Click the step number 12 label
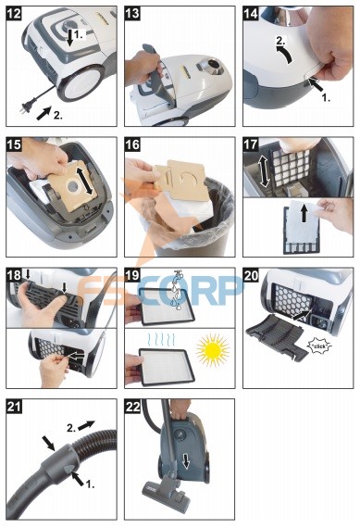pos(14,14)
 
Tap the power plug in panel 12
pos(27,107)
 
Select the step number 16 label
pos(132,145)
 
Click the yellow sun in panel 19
pos(213,350)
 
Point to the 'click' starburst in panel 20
pos(319,346)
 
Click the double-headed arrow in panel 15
pos(84,178)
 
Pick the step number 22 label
pos(132,407)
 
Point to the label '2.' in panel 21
pos(71,428)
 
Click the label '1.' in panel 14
pos(326,98)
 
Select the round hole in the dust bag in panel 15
pos(73,186)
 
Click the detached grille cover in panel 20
pos(277,339)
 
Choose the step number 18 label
pos(14,276)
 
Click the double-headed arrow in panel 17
pos(265,170)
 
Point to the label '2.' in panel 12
pos(58,116)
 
